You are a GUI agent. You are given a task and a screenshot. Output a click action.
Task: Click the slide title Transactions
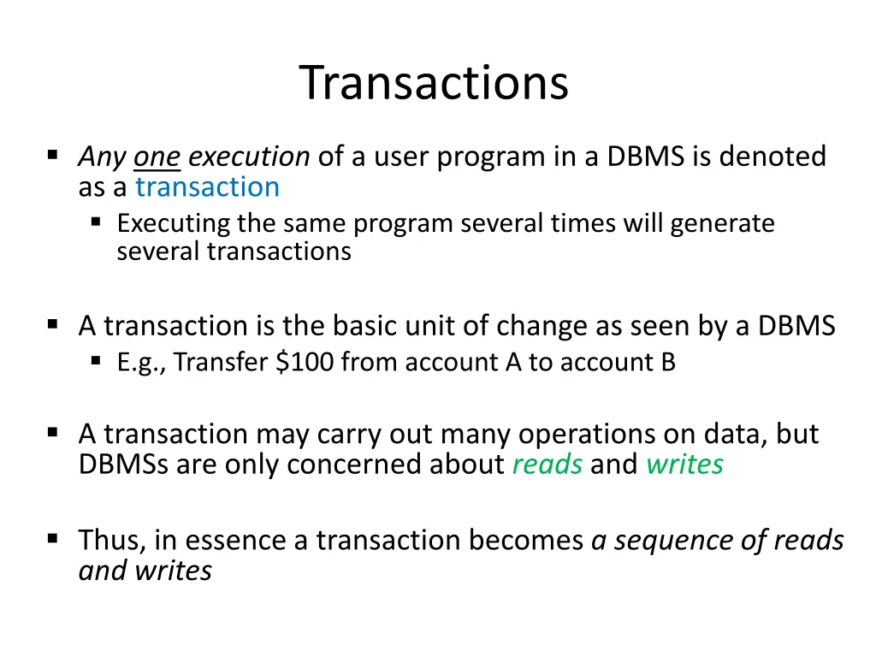tap(434, 83)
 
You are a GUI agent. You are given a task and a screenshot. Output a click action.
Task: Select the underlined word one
tap(157, 157)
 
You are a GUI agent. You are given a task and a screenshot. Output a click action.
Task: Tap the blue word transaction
tap(207, 186)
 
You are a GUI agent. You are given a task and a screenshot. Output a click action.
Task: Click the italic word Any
tap(102, 157)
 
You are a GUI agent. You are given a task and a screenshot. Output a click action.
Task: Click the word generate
tap(723, 224)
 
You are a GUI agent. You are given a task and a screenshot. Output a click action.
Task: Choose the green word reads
tap(547, 465)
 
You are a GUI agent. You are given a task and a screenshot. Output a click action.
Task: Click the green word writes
tap(684, 465)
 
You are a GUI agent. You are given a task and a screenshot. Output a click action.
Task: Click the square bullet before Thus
tap(53, 539)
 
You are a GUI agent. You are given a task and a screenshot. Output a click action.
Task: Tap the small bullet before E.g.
tap(96, 361)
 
